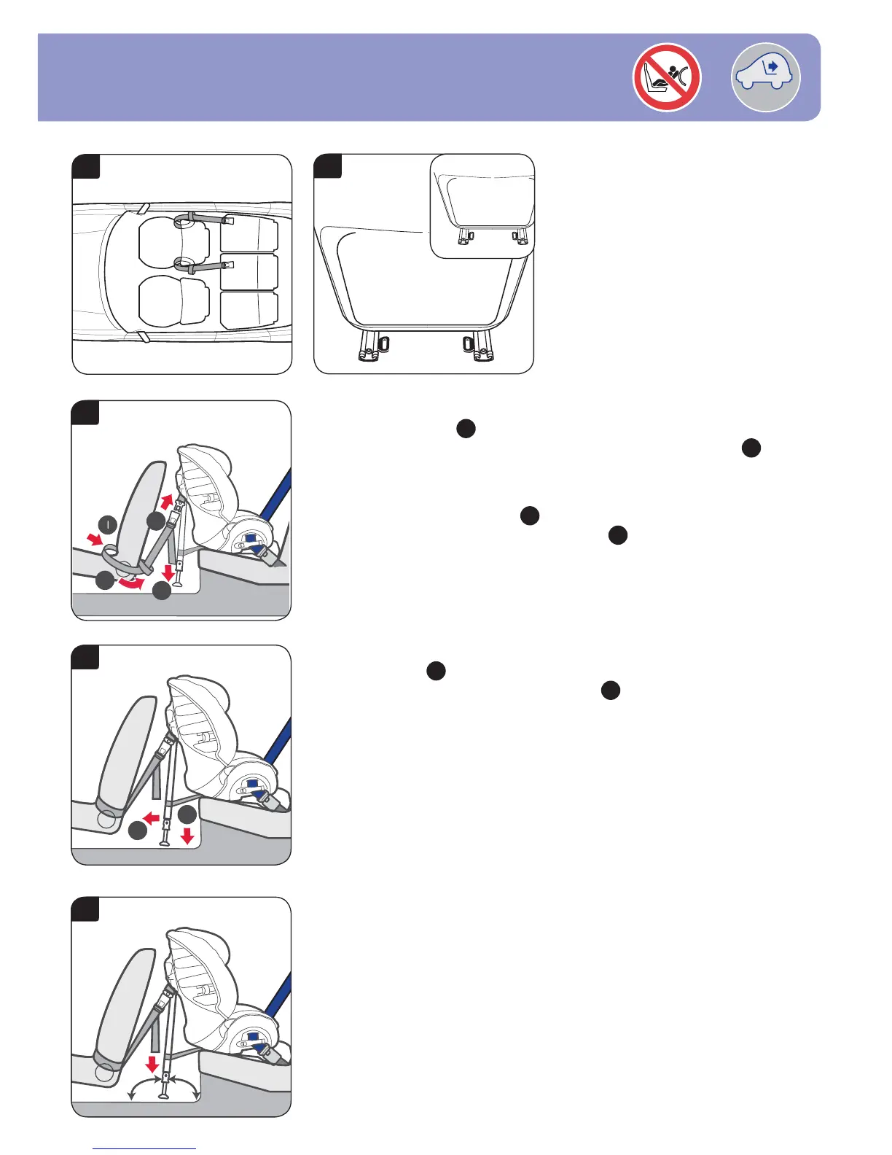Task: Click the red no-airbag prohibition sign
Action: pyautogui.click(x=667, y=77)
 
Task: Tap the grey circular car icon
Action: pyautogui.click(x=765, y=77)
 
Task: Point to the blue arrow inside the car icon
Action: pyautogui.click(x=771, y=67)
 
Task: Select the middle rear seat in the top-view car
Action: pyautogui.click(x=249, y=271)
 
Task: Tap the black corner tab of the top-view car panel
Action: pyautogui.click(x=86, y=166)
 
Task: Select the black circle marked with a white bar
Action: pyautogui.click(x=108, y=524)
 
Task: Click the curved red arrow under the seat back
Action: pyautogui.click(x=132, y=584)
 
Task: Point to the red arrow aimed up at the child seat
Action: pyautogui.click(x=167, y=501)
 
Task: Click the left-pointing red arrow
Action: pyautogui.click(x=152, y=818)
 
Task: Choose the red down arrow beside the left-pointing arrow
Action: pyautogui.click(x=187, y=834)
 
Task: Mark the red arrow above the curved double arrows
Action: pyautogui.click(x=152, y=1062)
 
